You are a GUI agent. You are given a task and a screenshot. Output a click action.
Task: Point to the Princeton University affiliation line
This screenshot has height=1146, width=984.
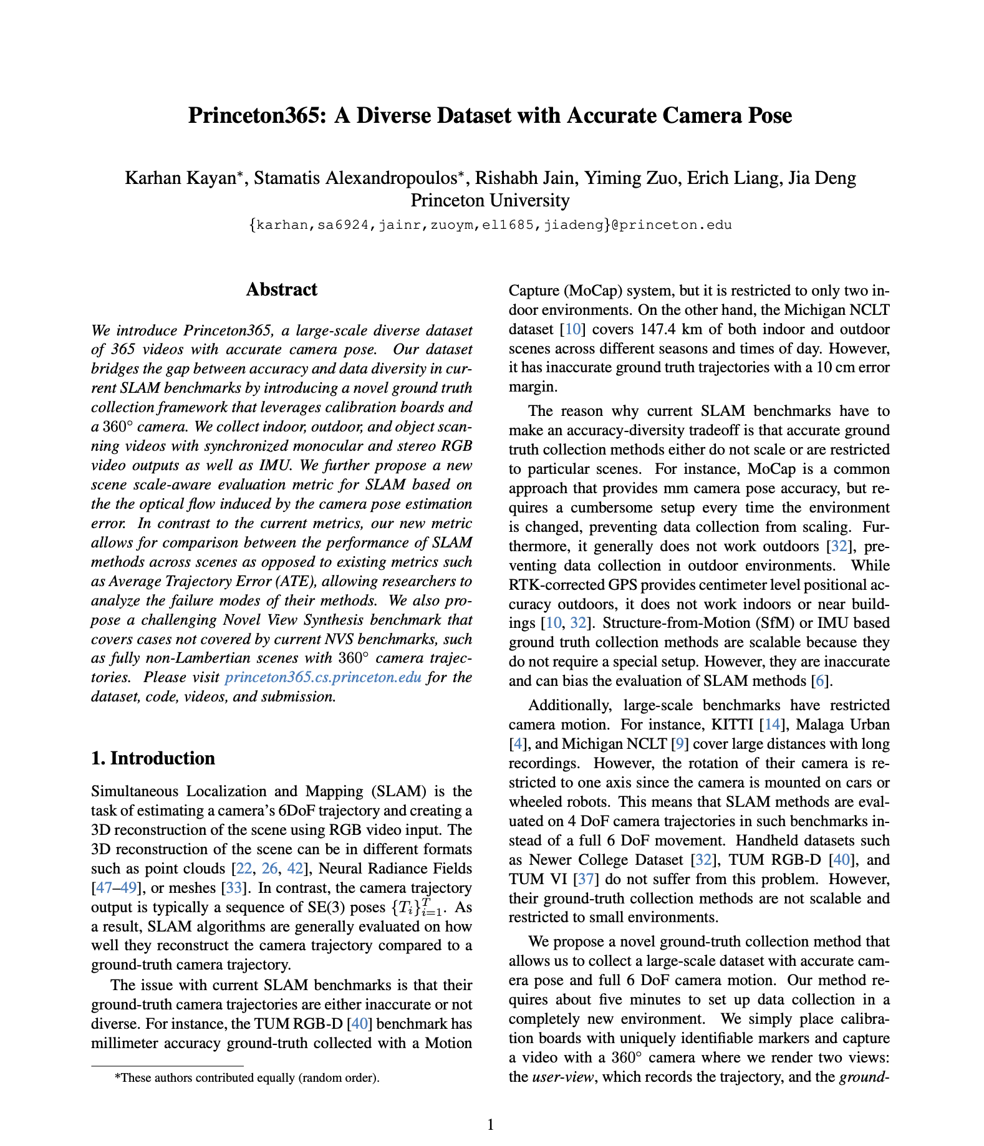click(x=490, y=200)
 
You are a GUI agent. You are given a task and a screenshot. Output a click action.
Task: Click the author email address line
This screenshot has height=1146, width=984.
click(x=490, y=224)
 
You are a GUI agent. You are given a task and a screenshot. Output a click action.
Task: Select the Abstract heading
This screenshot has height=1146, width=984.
click(x=281, y=289)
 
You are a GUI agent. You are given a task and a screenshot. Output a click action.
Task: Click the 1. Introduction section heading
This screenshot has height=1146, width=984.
click(x=153, y=758)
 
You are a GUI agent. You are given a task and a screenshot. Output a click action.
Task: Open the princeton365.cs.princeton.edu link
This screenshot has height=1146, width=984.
click(x=323, y=677)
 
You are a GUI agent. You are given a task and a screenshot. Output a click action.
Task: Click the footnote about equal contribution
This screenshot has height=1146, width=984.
click(x=247, y=1077)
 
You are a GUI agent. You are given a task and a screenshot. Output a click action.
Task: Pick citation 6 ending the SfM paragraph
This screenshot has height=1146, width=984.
click(x=822, y=681)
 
